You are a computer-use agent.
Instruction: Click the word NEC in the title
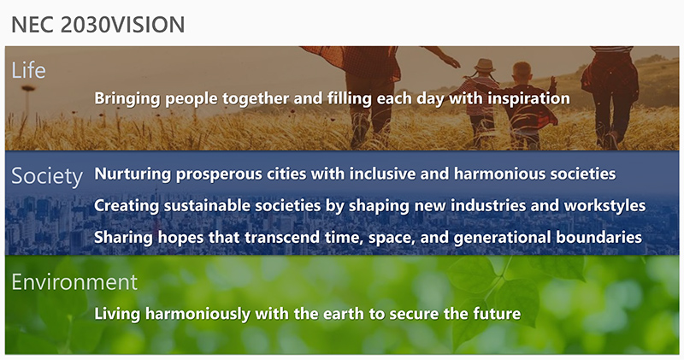point(32,25)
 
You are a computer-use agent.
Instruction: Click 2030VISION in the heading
point(123,25)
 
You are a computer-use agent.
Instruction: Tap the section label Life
point(28,70)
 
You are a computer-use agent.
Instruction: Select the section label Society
point(47,176)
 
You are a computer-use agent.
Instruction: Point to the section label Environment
point(74,281)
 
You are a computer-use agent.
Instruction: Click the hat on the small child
point(484,65)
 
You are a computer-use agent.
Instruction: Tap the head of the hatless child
point(522,71)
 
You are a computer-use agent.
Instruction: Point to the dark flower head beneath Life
point(28,88)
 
